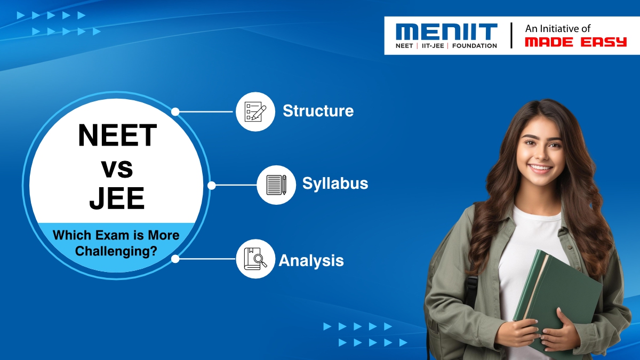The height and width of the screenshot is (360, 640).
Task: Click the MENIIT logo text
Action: [446, 31]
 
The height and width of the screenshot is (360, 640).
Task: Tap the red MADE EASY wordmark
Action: [575, 42]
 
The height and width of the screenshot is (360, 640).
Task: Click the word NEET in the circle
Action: [117, 135]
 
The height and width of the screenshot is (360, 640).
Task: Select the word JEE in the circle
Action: [117, 198]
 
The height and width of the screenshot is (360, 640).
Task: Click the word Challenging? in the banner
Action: [116, 251]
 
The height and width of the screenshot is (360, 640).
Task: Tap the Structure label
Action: [318, 111]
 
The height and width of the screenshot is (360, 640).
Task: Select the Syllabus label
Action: [335, 183]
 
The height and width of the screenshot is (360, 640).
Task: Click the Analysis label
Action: [311, 261]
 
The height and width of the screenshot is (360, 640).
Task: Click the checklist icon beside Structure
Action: [255, 111]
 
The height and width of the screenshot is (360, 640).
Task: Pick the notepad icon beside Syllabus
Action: [276, 185]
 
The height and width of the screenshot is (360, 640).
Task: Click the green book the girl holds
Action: [555, 299]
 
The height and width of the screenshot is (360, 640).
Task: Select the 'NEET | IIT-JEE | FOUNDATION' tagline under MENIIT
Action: [446, 46]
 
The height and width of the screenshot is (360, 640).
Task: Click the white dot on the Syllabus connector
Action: [211, 186]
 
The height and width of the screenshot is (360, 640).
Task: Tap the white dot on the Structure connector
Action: [175, 112]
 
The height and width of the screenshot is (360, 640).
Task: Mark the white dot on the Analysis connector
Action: [175, 259]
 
